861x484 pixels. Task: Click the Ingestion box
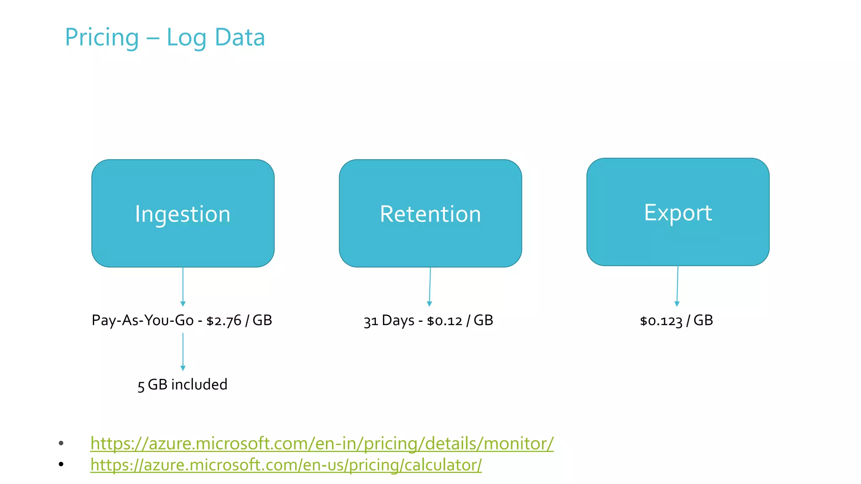(183, 213)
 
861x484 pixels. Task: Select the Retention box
(430, 213)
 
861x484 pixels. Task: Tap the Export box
(678, 212)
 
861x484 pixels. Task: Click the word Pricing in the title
(102, 37)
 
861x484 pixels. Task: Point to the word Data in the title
(240, 37)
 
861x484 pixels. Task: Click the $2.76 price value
(224, 321)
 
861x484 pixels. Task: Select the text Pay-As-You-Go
(143, 321)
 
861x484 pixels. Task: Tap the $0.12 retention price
(444, 321)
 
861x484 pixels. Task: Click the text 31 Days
(389, 321)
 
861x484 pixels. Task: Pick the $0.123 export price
(661, 321)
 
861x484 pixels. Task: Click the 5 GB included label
(182, 384)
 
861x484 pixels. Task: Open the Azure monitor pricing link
(322, 444)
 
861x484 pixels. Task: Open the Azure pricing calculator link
(286, 465)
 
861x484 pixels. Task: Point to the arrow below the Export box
(677, 286)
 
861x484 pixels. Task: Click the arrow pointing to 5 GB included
(183, 352)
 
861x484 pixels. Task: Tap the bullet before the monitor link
(61, 443)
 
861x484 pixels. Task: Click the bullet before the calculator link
(61, 464)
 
